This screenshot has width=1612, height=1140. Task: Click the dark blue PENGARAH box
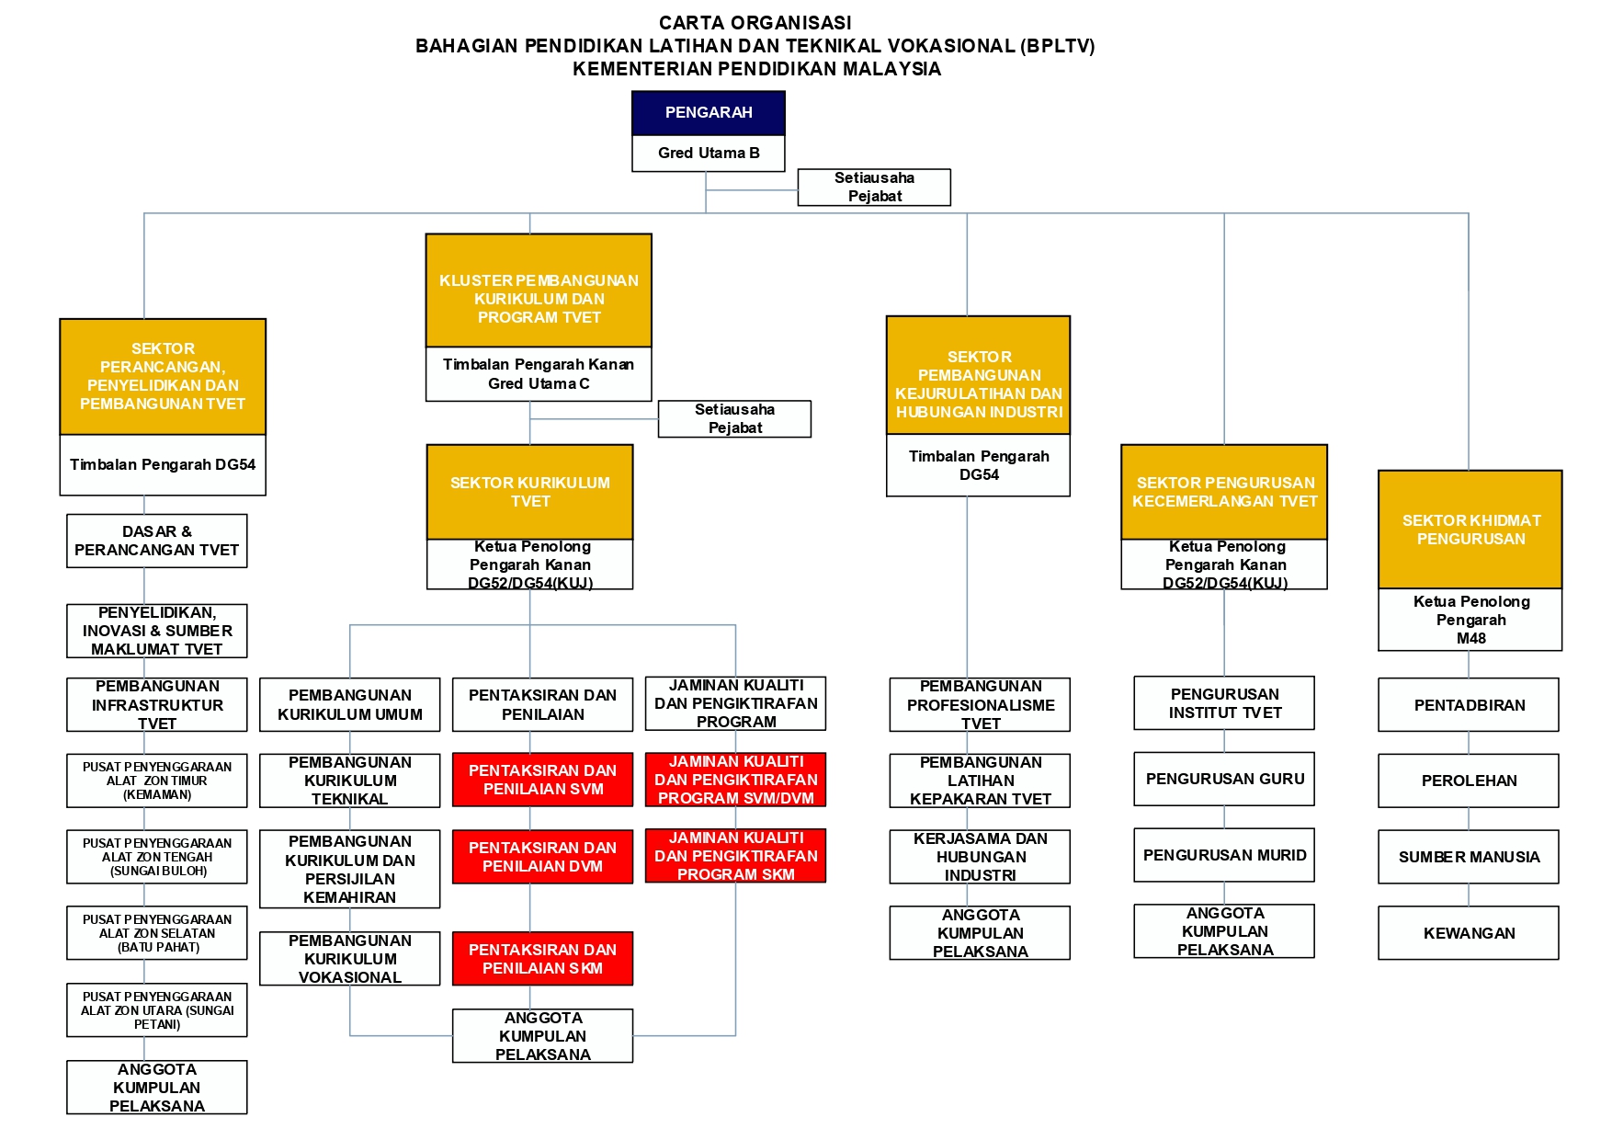708,113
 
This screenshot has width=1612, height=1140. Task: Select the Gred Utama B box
708,154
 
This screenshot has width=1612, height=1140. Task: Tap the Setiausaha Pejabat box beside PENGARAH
873,187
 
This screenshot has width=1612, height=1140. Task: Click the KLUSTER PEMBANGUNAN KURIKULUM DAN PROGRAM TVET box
539,291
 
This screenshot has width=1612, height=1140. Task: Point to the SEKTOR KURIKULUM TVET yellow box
529,492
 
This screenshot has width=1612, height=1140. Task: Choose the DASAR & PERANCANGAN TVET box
156,541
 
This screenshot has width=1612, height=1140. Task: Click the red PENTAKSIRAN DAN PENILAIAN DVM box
542,857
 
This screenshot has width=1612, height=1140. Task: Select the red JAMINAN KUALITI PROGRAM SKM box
735,856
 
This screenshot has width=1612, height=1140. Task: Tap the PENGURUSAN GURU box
1224,779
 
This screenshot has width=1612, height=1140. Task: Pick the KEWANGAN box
1468,933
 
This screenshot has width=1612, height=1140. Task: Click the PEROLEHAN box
1468,781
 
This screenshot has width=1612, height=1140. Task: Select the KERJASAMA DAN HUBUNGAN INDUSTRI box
980,857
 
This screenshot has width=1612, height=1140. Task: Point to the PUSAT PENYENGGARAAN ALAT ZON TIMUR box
156,781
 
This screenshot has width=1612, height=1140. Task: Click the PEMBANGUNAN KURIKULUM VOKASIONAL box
349,959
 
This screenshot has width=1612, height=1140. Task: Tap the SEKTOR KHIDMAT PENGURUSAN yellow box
1470,530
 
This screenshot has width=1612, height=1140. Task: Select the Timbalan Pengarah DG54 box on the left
163,465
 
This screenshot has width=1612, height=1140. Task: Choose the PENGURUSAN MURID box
1224,855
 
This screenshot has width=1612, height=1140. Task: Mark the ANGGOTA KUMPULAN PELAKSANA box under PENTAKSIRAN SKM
542,1036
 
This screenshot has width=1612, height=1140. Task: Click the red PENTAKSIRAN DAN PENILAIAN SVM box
542,780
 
